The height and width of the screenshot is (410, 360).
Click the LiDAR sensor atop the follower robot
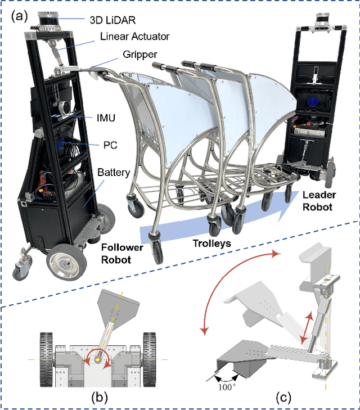(51, 22)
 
